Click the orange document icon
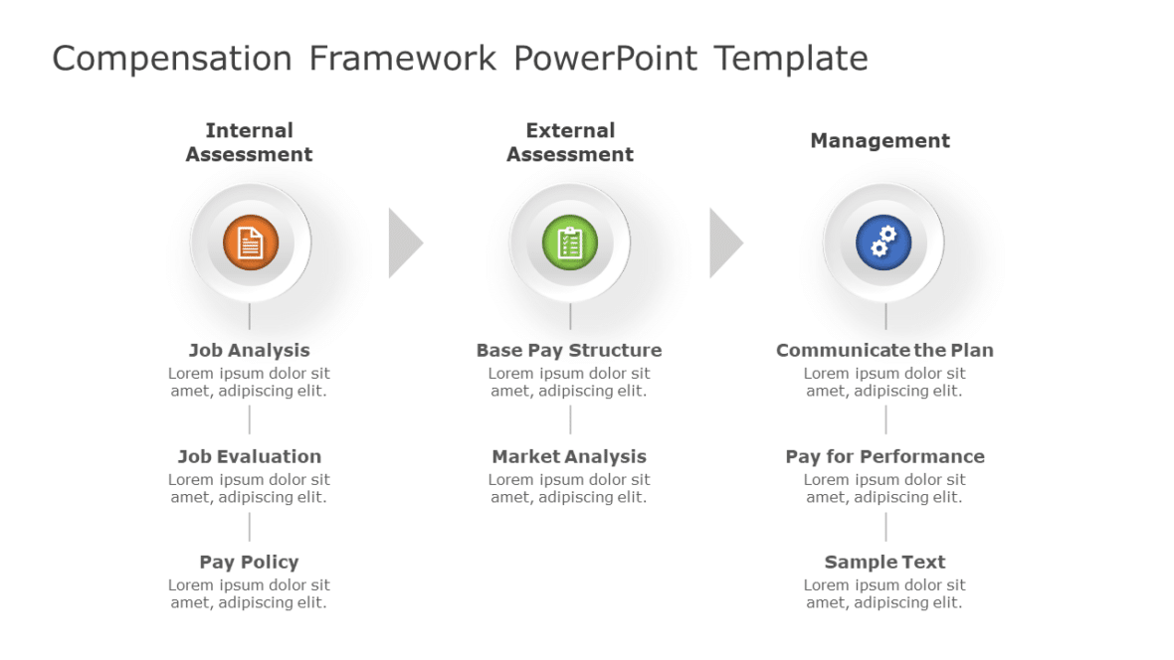[x=251, y=243]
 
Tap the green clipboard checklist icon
[x=570, y=243]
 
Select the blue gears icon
[x=883, y=243]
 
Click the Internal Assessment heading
[x=249, y=142]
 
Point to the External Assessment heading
[x=570, y=142]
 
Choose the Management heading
[x=880, y=141]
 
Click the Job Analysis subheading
[x=249, y=350]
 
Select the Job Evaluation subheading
[x=249, y=456]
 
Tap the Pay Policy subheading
[x=249, y=562]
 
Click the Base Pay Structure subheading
[x=569, y=350]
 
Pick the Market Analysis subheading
[x=569, y=456]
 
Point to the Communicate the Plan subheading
[x=884, y=350]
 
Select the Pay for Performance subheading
[x=884, y=456]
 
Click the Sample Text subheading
[x=884, y=562]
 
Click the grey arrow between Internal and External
[x=403, y=243]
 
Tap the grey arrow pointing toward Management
[x=724, y=243]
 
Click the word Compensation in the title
[x=171, y=59]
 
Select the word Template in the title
[x=791, y=59]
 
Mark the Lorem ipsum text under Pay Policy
[x=249, y=593]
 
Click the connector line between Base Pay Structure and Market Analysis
[x=570, y=419]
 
